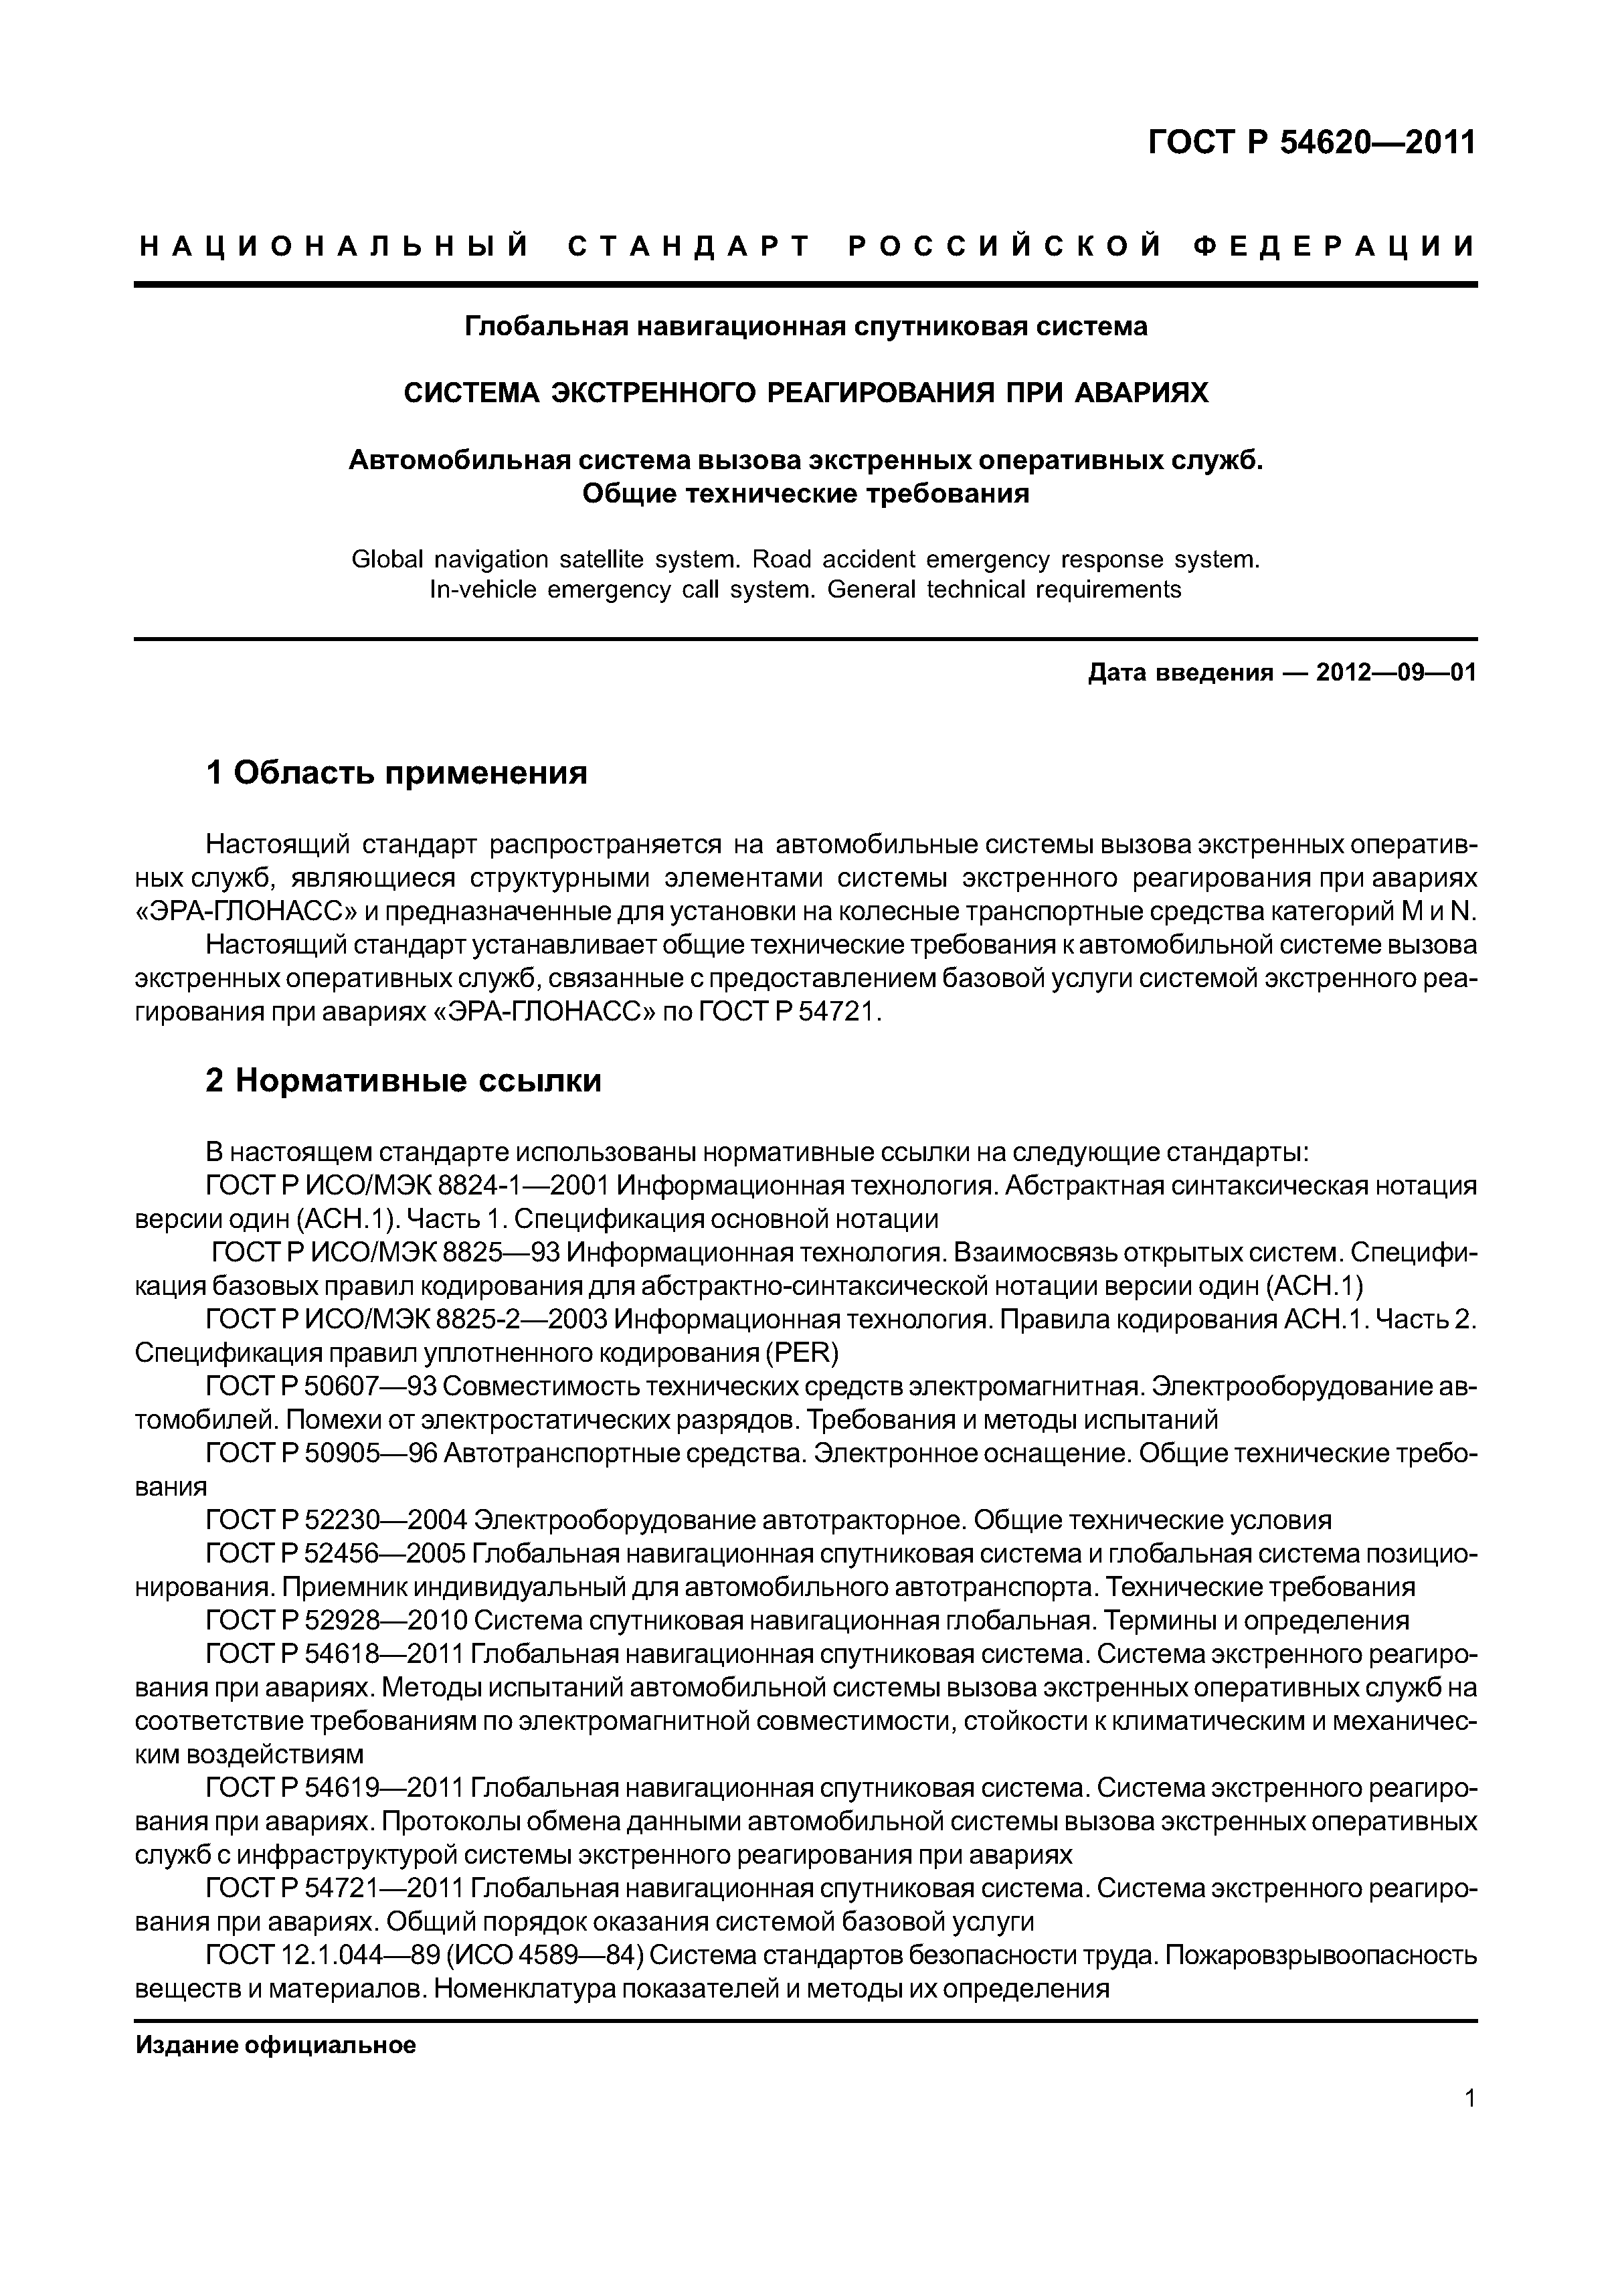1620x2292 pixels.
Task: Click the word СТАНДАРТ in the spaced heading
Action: (x=689, y=246)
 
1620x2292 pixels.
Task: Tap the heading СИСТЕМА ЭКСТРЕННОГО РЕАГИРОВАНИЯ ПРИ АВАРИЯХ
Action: (x=806, y=393)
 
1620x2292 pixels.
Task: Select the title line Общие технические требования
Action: (x=806, y=493)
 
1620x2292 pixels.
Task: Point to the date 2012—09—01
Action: (x=1395, y=673)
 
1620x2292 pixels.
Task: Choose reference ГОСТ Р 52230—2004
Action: (x=335, y=1520)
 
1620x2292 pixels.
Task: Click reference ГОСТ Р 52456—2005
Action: (x=335, y=1555)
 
